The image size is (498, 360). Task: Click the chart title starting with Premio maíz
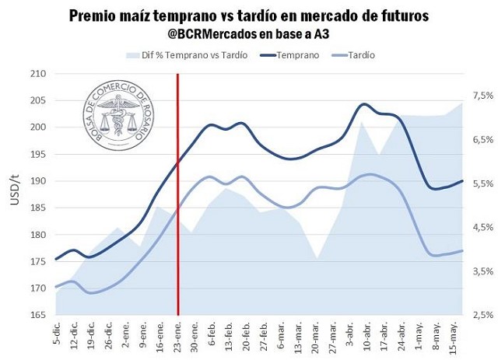pos(248,16)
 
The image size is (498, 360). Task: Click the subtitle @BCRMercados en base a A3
pos(248,34)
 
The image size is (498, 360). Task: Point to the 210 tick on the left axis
pos(37,74)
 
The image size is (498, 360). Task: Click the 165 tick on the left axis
pos(37,315)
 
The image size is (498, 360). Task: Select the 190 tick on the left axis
pos(37,181)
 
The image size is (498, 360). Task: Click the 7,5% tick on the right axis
pos(482,96)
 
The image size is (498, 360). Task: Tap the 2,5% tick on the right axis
pos(482,315)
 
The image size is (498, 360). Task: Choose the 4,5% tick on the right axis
pos(482,227)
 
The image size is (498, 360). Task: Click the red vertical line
pos(178,194)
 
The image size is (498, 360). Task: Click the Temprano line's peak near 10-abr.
pos(364,104)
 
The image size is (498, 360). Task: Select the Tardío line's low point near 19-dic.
pos(92,293)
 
